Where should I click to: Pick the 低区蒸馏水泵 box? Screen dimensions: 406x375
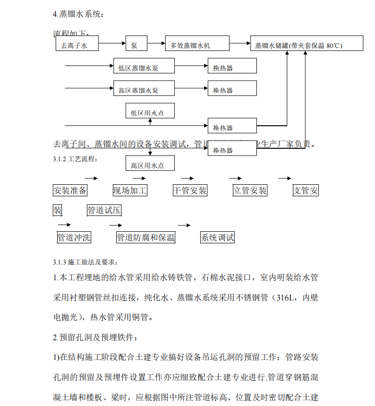(138, 67)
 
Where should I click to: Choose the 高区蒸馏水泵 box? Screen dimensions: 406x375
(138, 89)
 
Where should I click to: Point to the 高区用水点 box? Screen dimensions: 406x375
(150, 165)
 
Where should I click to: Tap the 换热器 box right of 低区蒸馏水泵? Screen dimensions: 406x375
(232, 67)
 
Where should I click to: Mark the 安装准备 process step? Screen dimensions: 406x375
(70, 191)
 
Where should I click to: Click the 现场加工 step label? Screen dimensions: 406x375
(130, 191)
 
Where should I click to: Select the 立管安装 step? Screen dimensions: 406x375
(250, 191)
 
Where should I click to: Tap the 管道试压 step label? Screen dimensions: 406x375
(104, 210)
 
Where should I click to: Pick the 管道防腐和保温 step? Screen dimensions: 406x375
(146, 237)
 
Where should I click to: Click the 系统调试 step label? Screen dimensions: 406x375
(218, 237)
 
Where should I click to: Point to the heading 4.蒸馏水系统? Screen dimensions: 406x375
(78, 14)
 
